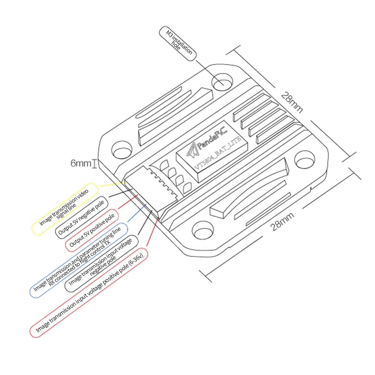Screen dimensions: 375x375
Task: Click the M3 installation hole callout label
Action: coord(178,44)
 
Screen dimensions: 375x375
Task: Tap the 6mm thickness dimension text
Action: coord(81,163)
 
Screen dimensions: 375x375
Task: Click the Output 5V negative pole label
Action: coord(82,217)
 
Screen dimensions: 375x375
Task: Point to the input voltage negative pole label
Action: coord(102,263)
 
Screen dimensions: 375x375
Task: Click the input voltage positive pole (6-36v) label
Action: coord(89,292)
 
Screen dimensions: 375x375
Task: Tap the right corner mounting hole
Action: coord(305,160)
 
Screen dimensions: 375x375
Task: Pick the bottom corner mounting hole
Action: coord(202,231)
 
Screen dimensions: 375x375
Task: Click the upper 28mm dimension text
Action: coord(292,102)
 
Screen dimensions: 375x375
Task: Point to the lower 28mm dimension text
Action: coord(282,221)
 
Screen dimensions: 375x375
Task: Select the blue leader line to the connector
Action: coord(137,212)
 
